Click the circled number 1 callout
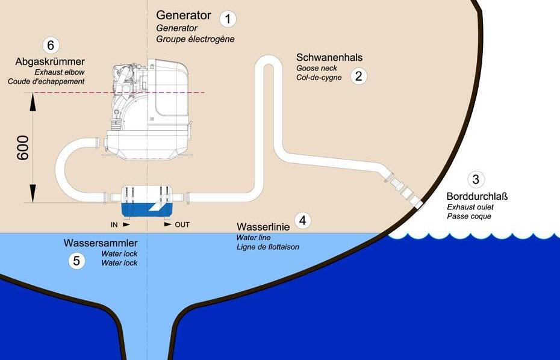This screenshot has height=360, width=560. tap(228, 19)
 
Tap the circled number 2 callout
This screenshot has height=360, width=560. tap(359, 76)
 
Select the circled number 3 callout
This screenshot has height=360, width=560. tap(476, 179)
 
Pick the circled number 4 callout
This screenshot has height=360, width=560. tap(303, 220)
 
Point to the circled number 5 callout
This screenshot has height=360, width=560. tap(76, 261)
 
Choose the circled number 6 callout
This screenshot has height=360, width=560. tap(51, 45)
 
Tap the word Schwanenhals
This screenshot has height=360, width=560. tap(329, 58)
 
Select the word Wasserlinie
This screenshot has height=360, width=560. tap(263, 227)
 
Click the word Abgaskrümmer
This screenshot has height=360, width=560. tap(51, 61)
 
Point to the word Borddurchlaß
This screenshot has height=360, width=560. tap(477, 196)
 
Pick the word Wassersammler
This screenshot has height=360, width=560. tap(101, 243)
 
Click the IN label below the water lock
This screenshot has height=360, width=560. tap(114, 225)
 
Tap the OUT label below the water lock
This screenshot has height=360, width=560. tap(182, 225)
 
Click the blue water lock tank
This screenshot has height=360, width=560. tap(148, 208)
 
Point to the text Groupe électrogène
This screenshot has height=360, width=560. tap(195, 39)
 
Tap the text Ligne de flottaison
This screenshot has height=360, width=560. tap(268, 247)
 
